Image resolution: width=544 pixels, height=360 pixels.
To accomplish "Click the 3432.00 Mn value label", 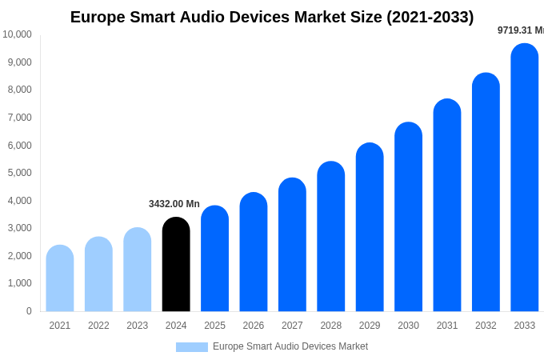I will (x=174, y=204).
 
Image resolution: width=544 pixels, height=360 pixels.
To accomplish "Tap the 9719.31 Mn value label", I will (x=520, y=30).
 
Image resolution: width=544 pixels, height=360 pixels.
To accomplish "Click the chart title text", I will (x=272, y=17).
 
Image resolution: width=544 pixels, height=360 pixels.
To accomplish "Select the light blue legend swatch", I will (x=192, y=347).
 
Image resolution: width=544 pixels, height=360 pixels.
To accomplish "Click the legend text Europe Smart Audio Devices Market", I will (x=290, y=346).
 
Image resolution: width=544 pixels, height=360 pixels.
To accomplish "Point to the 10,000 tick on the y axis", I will (x=17, y=34).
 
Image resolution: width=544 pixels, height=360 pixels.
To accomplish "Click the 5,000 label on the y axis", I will (x=19, y=173).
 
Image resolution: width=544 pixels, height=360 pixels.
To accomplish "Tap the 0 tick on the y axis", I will (x=29, y=311).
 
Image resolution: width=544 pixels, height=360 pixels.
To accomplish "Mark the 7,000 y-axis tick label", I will (x=19, y=118).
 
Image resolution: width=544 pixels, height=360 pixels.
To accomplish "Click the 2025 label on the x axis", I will (x=214, y=326).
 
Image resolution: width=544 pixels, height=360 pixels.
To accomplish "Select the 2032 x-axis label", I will (x=486, y=326).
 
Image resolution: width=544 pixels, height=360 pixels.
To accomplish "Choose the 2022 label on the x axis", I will (x=98, y=326).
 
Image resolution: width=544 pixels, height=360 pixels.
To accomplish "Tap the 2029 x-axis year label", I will (x=370, y=326).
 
